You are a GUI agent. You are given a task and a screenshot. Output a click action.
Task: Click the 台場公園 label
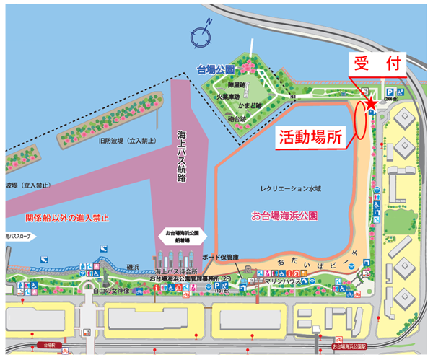point(216,70)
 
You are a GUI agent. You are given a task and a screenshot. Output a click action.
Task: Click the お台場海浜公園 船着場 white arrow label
point(185,237)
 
